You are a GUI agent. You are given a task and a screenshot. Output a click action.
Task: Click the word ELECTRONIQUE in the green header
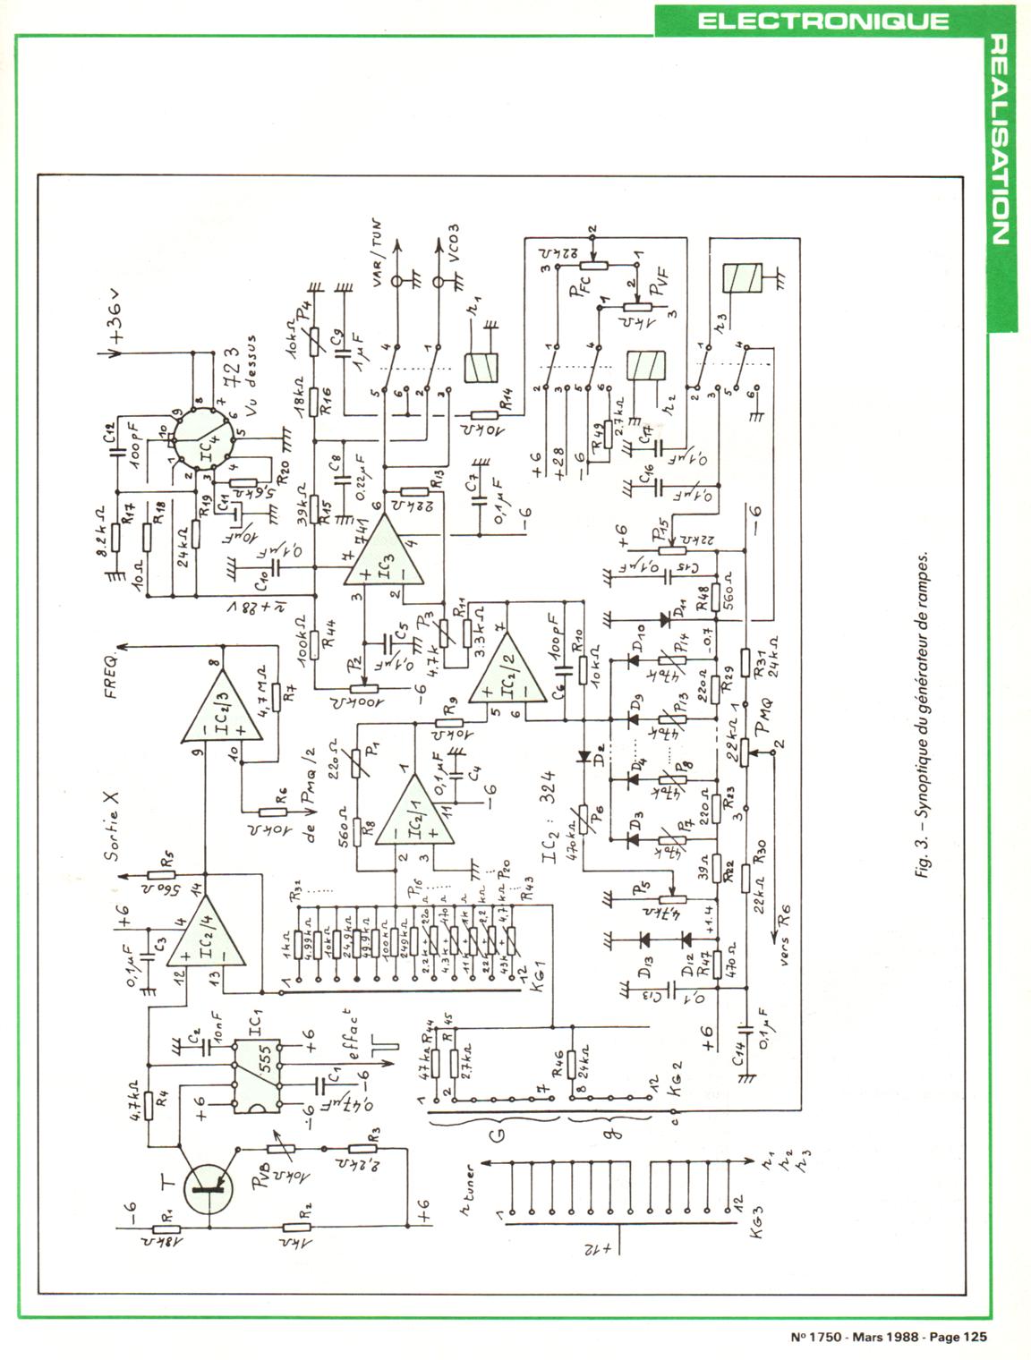pos(822,20)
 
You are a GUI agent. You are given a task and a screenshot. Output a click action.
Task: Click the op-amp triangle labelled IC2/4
pos(209,950)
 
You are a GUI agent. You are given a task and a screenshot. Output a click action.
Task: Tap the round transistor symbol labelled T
pos(211,1184)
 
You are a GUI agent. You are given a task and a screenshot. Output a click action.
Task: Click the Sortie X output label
pos(112,827)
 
